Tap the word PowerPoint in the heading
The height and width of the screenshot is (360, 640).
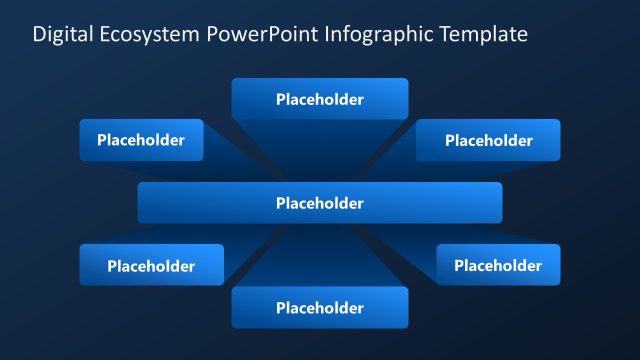[264, 35]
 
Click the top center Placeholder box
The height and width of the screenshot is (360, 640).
[320, 99]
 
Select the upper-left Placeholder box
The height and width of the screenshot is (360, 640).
[141, 140]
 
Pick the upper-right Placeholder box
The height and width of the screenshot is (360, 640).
[488, 140]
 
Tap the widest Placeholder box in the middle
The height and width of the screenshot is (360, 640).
[320, 203]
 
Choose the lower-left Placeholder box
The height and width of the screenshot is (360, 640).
[151, 265]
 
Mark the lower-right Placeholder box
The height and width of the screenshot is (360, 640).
[498, 265]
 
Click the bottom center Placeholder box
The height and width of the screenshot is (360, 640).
[320, 308]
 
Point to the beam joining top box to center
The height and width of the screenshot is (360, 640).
[320, 150]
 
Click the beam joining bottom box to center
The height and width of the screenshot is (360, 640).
[320, 255]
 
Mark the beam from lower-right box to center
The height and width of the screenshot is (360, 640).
[400, 237]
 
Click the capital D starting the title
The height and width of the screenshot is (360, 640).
[39, 35]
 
